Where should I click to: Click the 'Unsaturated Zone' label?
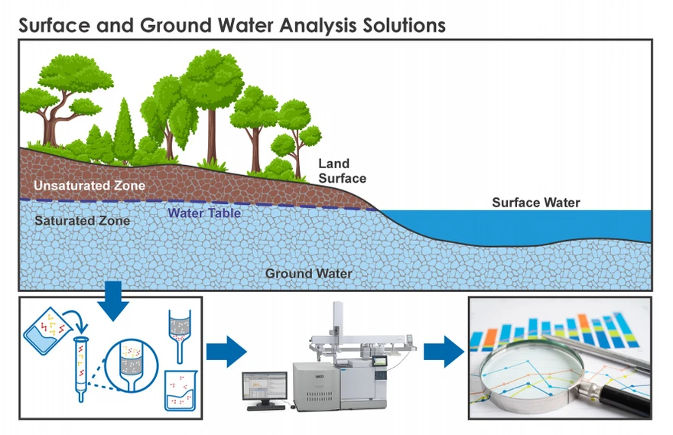point(89,186)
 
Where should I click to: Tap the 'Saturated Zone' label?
point(82,221)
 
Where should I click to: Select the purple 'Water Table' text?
point(204,213)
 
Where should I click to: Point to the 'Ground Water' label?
point(309,273)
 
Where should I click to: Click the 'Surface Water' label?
point(535,203)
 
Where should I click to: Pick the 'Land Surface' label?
point(341,170)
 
